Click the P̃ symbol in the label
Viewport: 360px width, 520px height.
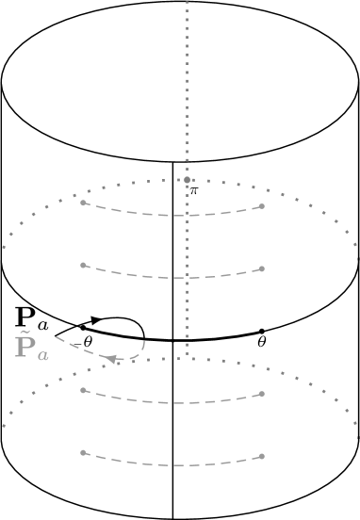25,346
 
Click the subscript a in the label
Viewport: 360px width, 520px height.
43,355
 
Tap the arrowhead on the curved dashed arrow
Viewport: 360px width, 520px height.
111,359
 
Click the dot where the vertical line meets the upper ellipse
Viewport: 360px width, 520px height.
188,179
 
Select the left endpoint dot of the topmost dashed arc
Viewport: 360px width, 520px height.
84,203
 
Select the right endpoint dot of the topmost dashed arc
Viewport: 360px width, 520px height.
262,206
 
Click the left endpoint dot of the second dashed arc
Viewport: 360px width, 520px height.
84,266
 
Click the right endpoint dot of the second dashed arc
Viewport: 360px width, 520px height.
262,269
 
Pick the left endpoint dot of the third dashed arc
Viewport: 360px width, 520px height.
84,390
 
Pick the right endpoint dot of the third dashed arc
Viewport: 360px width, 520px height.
262,394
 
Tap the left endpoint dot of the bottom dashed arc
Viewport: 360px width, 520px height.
84,453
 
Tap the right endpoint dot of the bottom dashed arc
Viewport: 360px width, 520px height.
262,457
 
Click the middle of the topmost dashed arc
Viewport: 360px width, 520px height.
174,216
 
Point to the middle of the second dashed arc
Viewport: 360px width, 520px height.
174,279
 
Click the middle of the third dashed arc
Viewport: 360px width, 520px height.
174,403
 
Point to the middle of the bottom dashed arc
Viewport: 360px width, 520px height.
174,466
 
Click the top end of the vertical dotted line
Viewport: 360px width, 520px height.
188,3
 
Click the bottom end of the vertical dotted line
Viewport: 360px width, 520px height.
188,357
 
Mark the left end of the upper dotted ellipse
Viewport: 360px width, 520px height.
4,248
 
